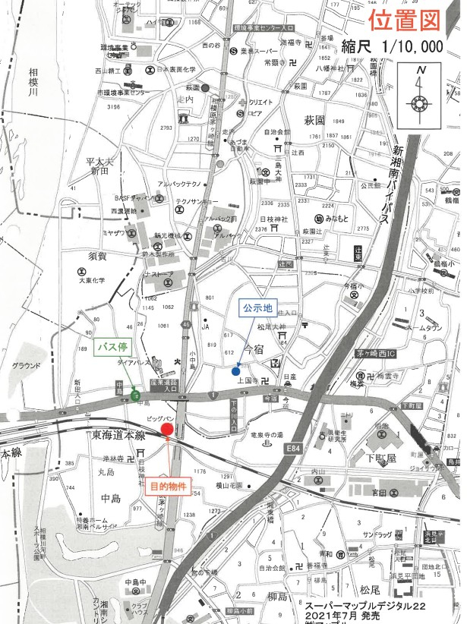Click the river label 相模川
(33, 83)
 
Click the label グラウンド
(26, 365)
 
